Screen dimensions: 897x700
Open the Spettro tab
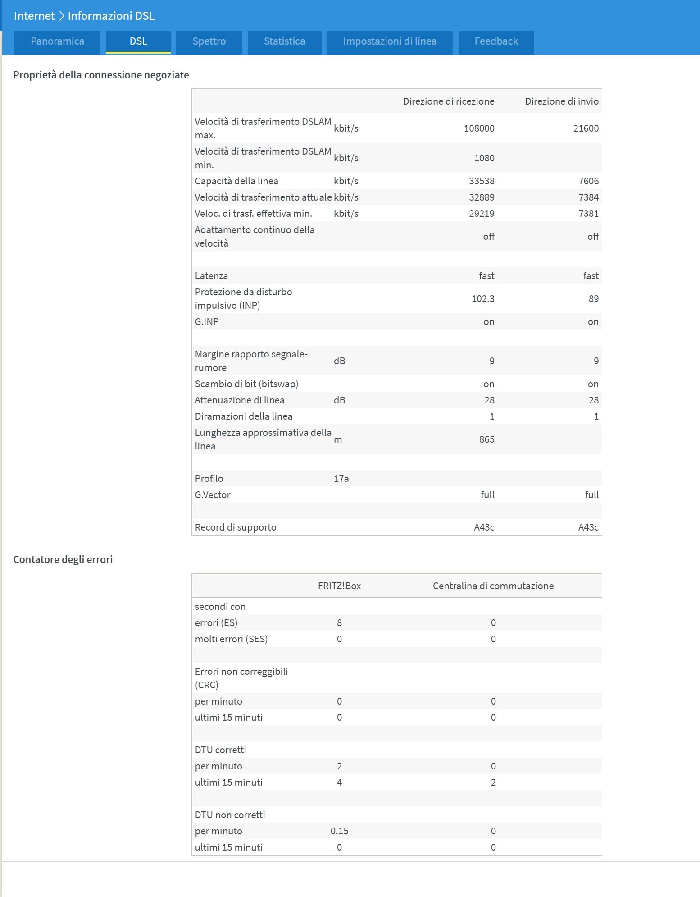pos(209,41)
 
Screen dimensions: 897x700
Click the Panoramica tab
pos(57,41)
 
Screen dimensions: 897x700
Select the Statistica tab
pos(284,41)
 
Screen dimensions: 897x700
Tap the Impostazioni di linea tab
pos(390,41)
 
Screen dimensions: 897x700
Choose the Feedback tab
pos(496,41)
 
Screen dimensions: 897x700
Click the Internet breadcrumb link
pos(34,16)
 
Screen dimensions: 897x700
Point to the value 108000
pos(479,128)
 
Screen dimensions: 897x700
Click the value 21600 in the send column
pos(586,128)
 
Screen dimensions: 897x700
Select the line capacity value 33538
pos(482,181)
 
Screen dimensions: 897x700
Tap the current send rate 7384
pos(588,197)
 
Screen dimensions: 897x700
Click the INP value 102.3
pos(482,299)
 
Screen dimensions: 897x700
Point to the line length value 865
pos(486,439)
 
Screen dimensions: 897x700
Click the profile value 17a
pos(341,479)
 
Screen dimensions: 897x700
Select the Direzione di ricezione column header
pos(448,101)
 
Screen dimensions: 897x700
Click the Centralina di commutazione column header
pos(493,586)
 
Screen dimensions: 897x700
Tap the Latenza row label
pos(211,276)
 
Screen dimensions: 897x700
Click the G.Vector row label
pos(212,495)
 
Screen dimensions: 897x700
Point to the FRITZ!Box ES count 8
pos(339,623)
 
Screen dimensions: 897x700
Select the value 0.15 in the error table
pos(339,831)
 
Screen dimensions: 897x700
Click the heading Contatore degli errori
pos(63,559)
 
